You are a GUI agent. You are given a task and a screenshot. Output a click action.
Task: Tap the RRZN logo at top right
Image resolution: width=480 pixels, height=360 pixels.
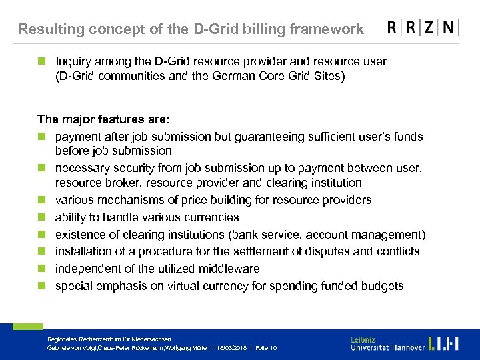pyautogui.click(x=423, y=28)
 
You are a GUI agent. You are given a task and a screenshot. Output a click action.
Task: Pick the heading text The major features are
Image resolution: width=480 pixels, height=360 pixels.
pyautogui.click(x=103, y=119)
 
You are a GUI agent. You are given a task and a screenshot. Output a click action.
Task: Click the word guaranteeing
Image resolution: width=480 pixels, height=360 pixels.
pyautogui.click(x=255, y=137)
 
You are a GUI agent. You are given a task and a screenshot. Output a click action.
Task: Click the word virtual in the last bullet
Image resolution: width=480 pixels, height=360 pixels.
pyautogui.click(x=189, y=286)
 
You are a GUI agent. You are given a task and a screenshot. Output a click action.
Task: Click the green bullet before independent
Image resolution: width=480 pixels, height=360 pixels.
pyautogui.click(x=41, y=269)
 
